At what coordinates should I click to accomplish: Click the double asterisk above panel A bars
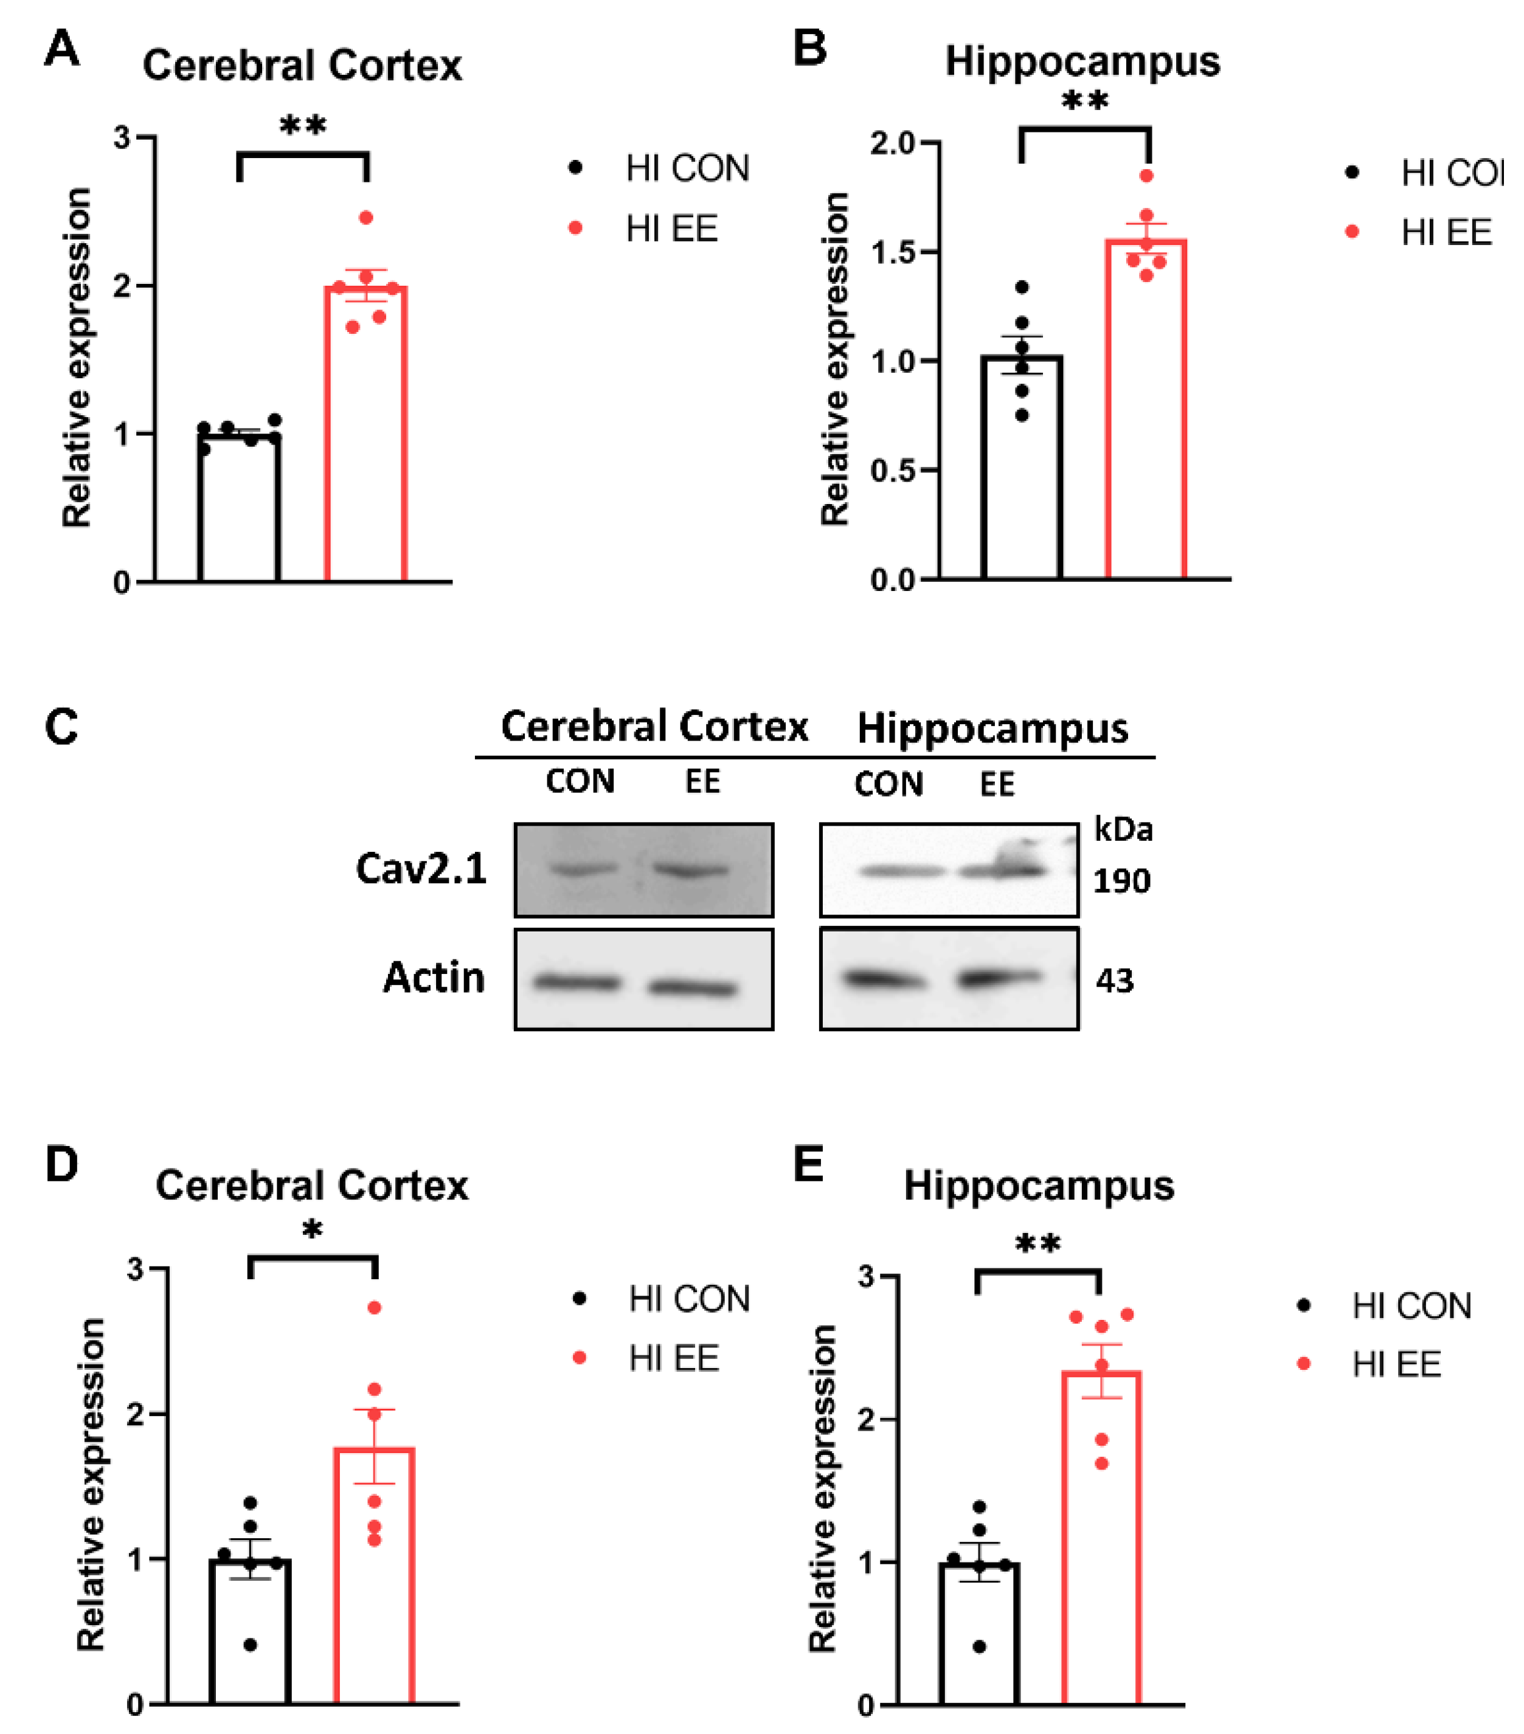point(303,126)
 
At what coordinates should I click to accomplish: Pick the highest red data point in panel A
point(365,218)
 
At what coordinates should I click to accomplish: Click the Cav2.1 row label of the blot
point(421,868)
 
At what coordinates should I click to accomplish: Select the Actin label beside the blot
point(434,977)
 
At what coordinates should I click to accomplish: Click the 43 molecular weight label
point(1114,981)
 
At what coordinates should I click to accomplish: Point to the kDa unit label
point(1123,829)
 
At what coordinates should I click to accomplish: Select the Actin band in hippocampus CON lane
point(882,979)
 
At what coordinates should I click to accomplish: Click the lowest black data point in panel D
point(251,1645)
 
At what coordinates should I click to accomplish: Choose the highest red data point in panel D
point(374,1307)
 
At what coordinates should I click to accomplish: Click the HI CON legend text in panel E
point(1411,1305)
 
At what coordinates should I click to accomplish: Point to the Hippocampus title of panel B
point(1082,61)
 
